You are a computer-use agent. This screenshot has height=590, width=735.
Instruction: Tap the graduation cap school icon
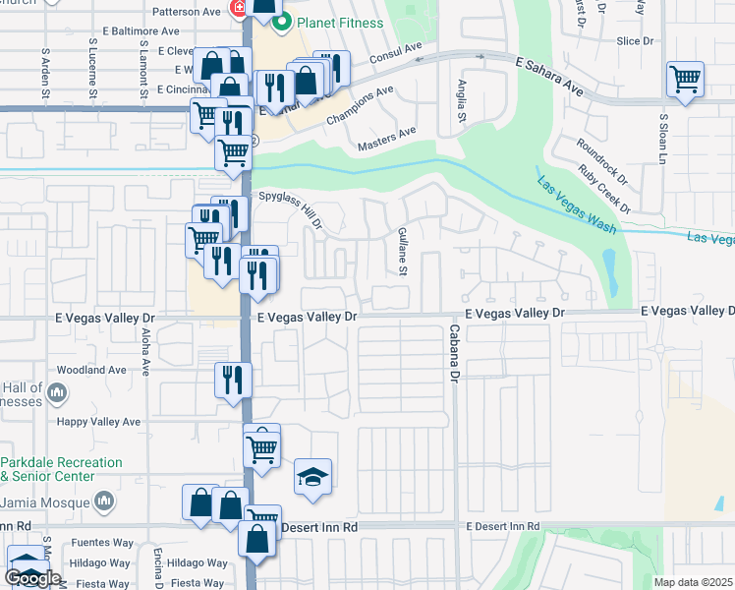312,479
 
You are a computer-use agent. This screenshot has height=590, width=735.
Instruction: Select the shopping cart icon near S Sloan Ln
685,80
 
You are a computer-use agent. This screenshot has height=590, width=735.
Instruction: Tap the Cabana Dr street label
455,353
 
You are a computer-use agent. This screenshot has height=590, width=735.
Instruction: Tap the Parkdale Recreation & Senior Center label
61,469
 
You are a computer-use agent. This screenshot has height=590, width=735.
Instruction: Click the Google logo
31,578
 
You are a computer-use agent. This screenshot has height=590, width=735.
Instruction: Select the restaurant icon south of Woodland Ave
233,379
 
